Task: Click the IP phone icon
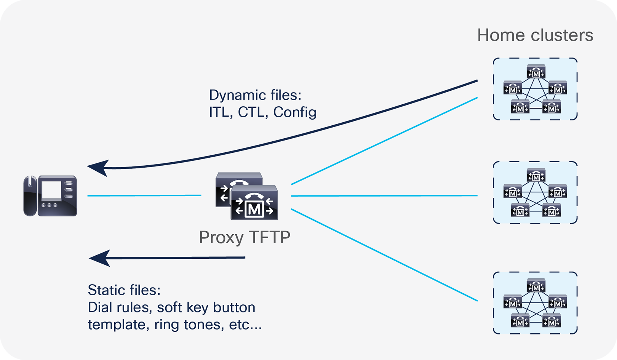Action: (50, 196)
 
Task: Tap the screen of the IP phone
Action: (51, 190)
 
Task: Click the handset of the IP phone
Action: (30, 196)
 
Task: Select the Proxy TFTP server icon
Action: (247, 197)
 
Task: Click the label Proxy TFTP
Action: (245, 237)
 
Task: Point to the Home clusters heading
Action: (535, 35)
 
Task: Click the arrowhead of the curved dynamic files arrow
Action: (98, 168)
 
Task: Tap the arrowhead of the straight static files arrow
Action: (100, 258)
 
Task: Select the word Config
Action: (295, 112)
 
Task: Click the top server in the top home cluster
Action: (536, 72)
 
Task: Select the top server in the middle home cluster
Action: (536, 175)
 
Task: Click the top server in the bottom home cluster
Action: (536, 286)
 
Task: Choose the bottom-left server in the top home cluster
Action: (520, 107)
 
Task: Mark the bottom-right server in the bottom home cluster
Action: (551, 321)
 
